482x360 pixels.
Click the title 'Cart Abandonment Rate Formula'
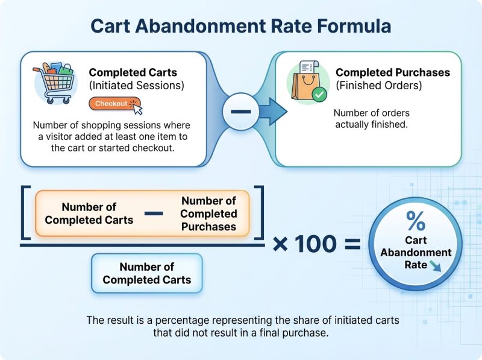point(240,27)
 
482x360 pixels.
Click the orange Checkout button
point(114,104)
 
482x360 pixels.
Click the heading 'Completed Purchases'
point(392,72)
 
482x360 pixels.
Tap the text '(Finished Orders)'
point(379,85)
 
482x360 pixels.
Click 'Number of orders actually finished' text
point(371,118)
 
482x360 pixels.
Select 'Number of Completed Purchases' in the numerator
point(208,213)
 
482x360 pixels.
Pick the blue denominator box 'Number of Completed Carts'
point(146,273)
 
